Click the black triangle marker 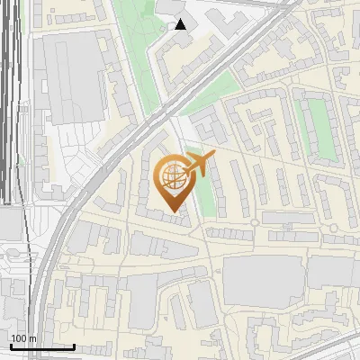[181, 24]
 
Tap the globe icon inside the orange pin [173, 175]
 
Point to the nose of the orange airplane [215, 157]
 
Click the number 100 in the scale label [20, 338]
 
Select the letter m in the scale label [33, 338]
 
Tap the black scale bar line [41, 346]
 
